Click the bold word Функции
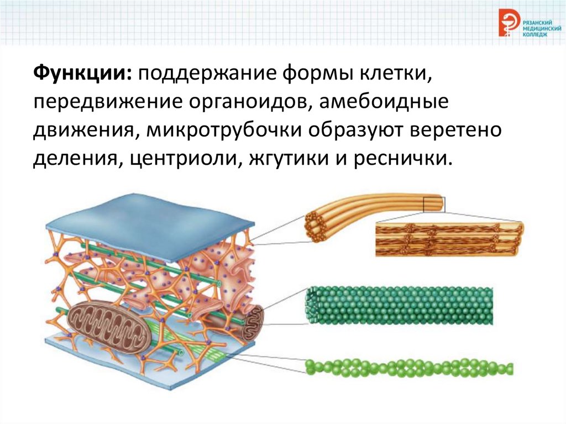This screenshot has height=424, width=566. coord(80,72)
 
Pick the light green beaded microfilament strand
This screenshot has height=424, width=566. coord(409,368)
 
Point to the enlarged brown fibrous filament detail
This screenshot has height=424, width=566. coord(448,238)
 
